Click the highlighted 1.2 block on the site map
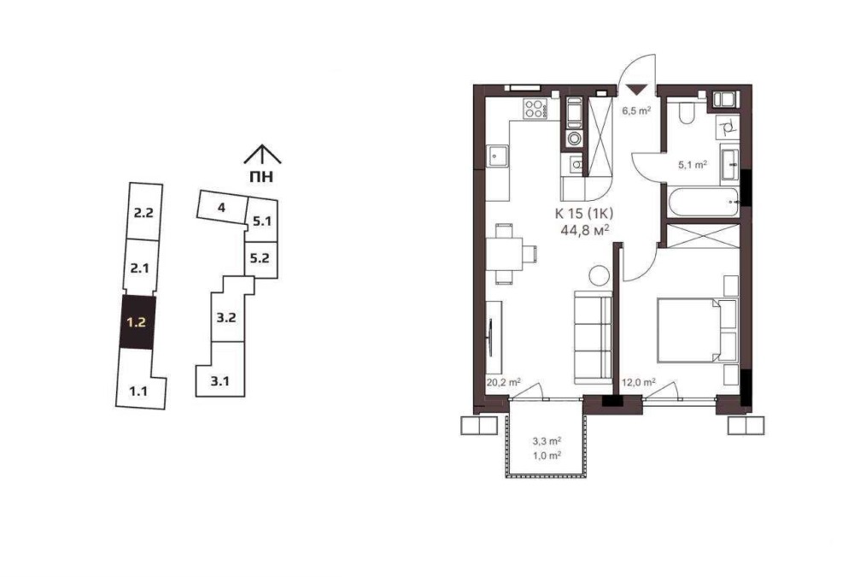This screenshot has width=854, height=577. [x=137, y=321]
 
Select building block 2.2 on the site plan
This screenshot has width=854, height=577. [x=143, y=212]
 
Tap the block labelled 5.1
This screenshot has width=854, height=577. [x=262, y=221]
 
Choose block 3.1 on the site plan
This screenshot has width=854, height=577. [x=220, y=375]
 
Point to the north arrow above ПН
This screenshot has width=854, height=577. [x=262, y=155]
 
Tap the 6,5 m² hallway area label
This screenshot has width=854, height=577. [x=637, y=110]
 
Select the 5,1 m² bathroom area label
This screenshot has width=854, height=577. [x=693, y=163]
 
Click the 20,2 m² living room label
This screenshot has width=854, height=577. [x=503, y=382]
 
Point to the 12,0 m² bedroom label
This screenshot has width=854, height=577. [x=638, y=382]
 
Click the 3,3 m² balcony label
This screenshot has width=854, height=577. [x=547, y=441]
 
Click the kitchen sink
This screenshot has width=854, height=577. [x=498, y=157]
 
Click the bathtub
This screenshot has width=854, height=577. [x=703, y=203]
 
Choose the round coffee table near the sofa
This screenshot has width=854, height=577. [x=600, y=274]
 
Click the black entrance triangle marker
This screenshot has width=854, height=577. [x=636, y=90]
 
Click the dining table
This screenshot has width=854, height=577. [x=505, y=254]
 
